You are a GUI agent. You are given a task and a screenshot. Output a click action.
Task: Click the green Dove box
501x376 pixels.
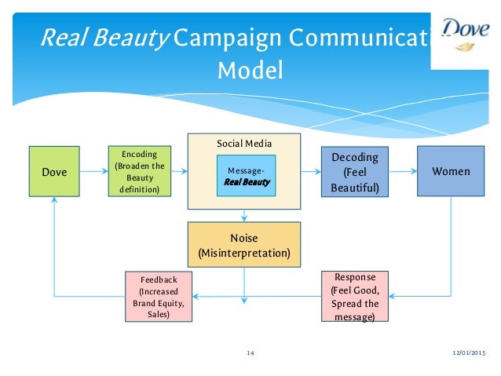[x=54, y=171]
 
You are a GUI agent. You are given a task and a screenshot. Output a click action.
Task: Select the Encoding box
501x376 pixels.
[x=139, y=171]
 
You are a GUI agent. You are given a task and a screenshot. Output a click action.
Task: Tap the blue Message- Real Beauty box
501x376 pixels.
[x=247, y=175]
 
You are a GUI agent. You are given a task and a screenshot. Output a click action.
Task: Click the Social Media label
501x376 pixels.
[x=244, y=144]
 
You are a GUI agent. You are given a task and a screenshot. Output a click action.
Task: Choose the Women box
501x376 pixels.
[x=451, y=170]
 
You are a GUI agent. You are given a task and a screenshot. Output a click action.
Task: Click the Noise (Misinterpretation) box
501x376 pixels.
[x=244, y=244]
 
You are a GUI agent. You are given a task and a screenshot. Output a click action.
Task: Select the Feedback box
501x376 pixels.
[x=159, y=296]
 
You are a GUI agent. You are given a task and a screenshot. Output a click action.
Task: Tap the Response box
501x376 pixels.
[x=355, y=296]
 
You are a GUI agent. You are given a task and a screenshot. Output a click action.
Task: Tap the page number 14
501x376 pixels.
[x=251, y=354]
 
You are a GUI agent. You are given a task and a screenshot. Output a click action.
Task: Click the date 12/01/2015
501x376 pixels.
[x=469, y=354]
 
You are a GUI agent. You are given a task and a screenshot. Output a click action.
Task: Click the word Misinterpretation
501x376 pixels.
[x=244, y=253]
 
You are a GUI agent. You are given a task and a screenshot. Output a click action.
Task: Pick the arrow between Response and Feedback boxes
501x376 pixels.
[x=259, y=296]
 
